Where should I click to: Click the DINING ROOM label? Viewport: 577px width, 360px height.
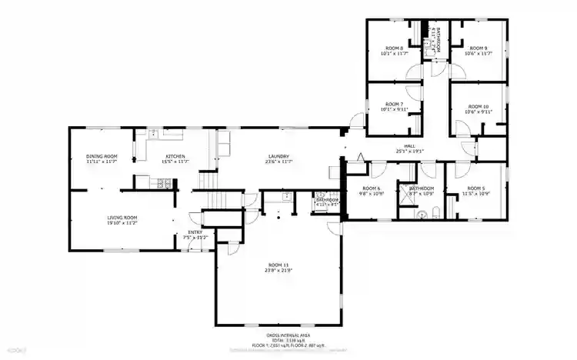tap(101, 156)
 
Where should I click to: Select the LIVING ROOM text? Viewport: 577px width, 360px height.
tap(122, 218)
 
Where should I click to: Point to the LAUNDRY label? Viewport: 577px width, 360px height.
tap(278, 156)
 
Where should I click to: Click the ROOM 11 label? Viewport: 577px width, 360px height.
tap(278, 265)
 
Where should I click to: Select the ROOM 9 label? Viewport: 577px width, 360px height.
tap(479, 48)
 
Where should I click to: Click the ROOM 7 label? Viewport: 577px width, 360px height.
tap(393, 104)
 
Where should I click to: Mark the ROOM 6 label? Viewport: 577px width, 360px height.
tap(372, 188)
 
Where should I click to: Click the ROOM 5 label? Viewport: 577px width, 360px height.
tap(478, 188)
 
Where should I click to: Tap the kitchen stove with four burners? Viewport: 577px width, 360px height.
tap(162, 183)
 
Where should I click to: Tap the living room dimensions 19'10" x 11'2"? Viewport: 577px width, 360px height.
tap(122, 223)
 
